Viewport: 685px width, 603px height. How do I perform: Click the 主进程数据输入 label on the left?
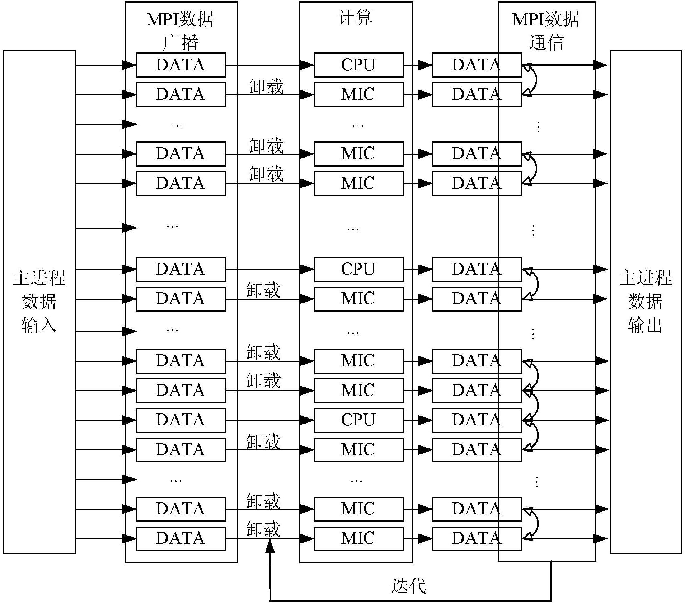[39, 301]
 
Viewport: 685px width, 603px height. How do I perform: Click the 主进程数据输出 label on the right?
[646, 301]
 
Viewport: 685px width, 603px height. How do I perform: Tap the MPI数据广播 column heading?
[180, 31]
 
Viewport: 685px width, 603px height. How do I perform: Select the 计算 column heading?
[355, 18]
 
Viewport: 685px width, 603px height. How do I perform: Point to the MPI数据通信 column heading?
[546, 31]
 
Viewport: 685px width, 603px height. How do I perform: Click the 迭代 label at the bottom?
[408, 586]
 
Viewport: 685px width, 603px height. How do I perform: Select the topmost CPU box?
[359, 65]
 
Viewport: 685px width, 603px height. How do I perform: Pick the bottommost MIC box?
[359, 539]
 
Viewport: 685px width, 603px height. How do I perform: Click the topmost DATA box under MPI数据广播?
[181, 65]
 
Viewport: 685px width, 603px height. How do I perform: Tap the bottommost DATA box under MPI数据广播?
[181, 539]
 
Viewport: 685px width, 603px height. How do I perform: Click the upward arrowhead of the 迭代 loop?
[270, 546]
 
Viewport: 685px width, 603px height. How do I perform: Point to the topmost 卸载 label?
[266, 87]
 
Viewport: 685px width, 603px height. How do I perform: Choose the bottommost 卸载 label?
[263, 529]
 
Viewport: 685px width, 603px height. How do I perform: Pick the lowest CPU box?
[359, 420]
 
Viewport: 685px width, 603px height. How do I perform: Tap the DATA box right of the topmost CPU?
[477, 65]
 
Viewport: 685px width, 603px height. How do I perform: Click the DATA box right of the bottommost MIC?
[477, 539]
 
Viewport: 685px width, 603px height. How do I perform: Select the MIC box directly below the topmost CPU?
[359, 95]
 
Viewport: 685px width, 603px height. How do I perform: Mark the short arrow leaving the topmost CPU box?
[418, 65]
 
